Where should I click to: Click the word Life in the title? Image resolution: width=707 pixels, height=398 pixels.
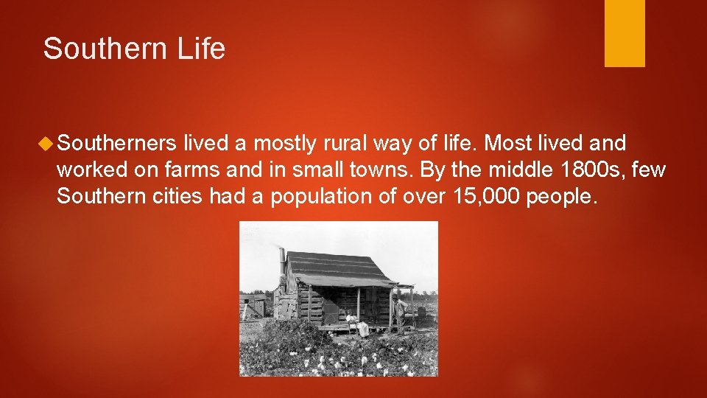click(x=202, y=49)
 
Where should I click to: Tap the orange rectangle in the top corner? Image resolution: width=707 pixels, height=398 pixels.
click(x=625, y=33)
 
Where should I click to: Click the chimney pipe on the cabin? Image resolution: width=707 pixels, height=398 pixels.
click(x=282, y=262)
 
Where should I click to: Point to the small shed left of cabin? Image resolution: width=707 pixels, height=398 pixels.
click(x=255, y=305)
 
